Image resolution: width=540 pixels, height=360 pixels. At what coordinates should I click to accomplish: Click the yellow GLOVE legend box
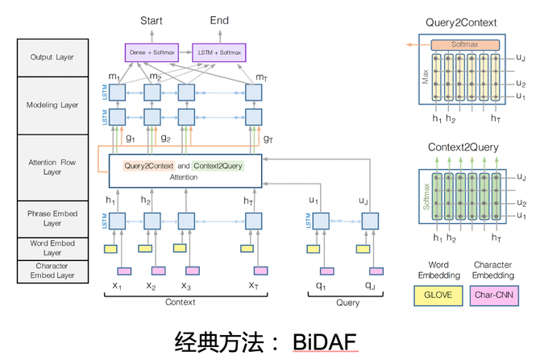pyautogui.click(x=438, y=296)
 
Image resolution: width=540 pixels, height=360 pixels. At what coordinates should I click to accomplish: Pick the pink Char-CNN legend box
pyautogui.click(x=493, y=296)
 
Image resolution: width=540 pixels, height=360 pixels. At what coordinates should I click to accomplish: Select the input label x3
pyautogui.click(x=185, y=285)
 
